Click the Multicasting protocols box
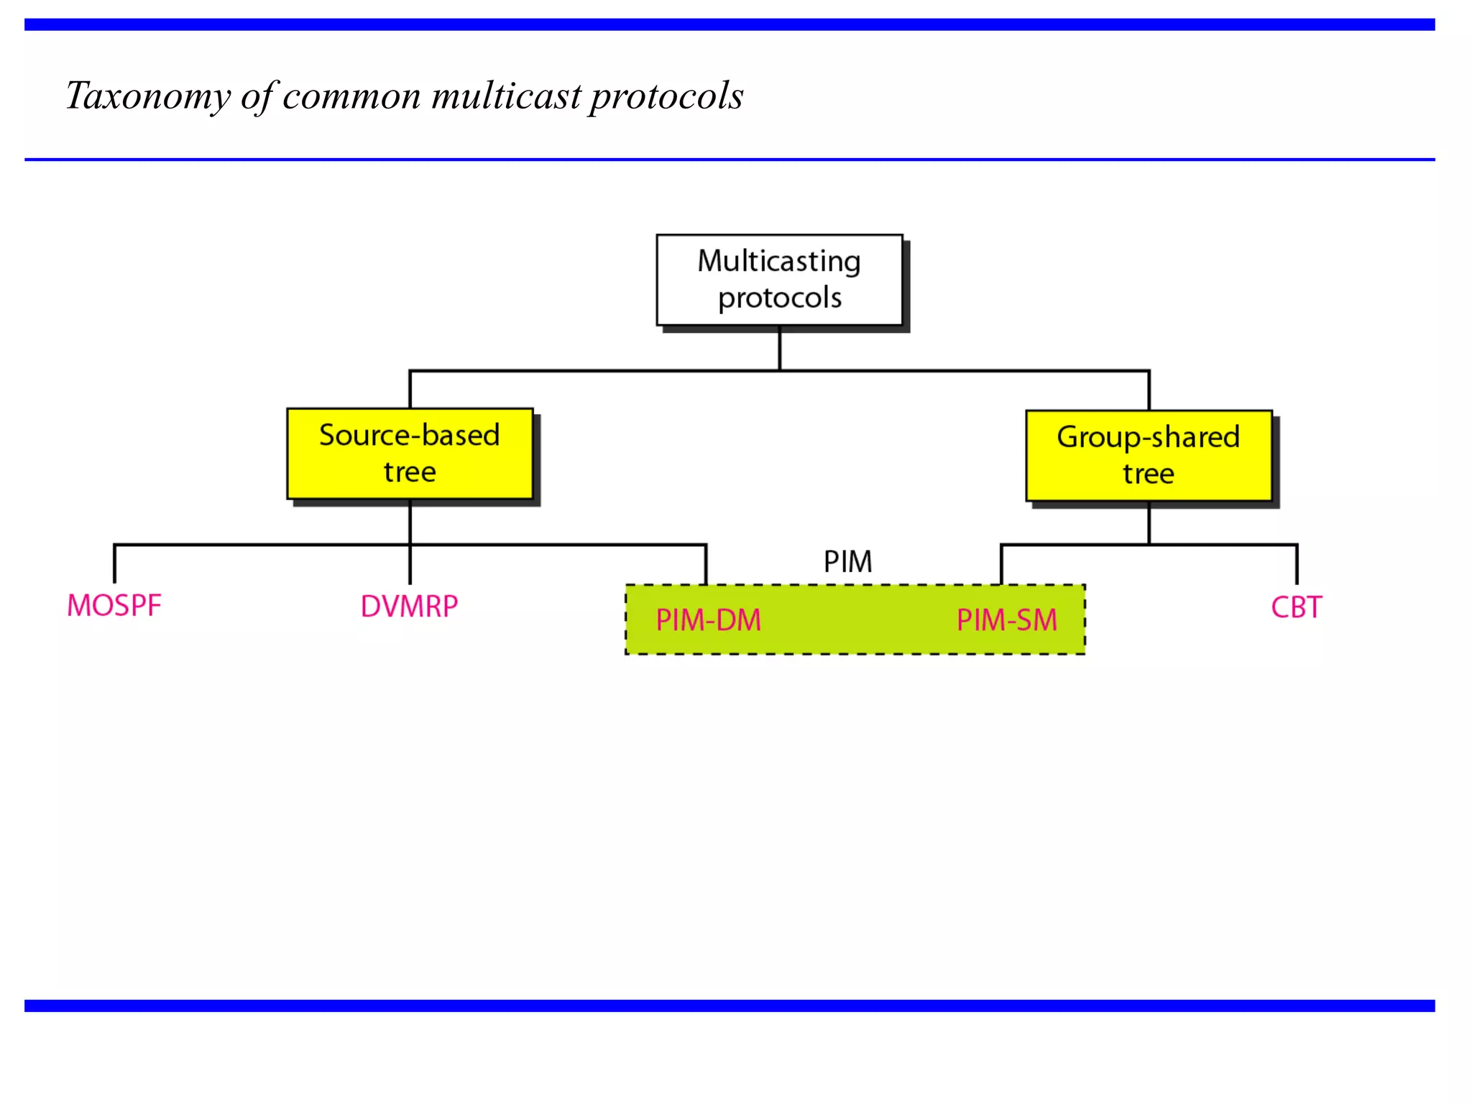coord(779,280)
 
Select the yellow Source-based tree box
coord(410,454)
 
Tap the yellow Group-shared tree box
coord(1149,456)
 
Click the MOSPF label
coord(114,606)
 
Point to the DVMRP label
coord(409,607)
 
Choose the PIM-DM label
coord(708,620)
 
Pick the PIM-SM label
coord(1006,620)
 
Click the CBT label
coord(1296,608)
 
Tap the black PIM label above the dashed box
coord(847,562)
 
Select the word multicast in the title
coord(506,96)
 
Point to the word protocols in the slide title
coord(666,96)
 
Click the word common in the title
coord(351,96)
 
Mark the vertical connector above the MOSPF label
coord(115,564)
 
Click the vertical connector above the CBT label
coord(1297,564)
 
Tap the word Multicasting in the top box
coord(779,262)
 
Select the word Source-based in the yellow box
coord(410,436)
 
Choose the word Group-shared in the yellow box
coord(1149,438)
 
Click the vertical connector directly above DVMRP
coord(410,565)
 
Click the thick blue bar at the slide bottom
coord(729,1006)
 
